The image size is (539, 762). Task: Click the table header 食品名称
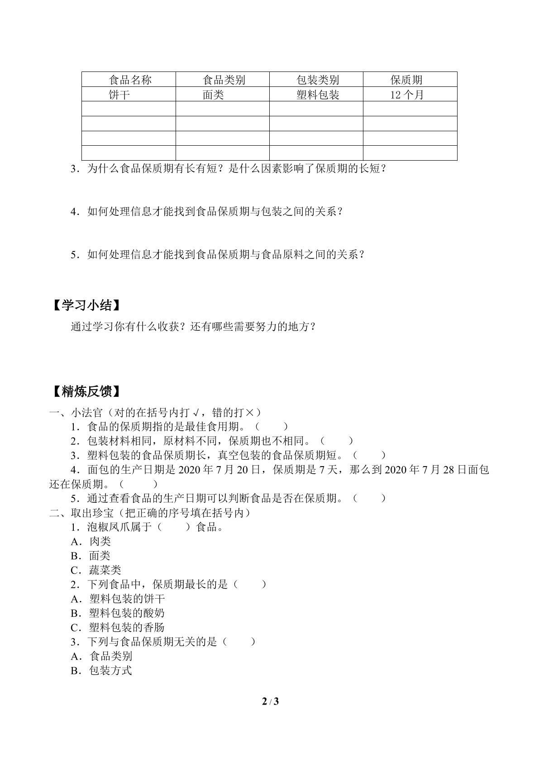pos(130,80)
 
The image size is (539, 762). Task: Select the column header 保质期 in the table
pos(406,80)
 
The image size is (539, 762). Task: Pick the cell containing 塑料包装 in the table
pos(318,95)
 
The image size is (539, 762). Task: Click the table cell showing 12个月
pos(406,95)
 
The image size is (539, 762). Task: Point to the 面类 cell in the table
pos(213,95)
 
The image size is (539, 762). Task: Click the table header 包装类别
pos(318,80)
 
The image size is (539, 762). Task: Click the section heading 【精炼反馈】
pos(86,391)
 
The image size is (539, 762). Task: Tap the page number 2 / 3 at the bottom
pos(270,702)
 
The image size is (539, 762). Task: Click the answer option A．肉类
pos(91,541)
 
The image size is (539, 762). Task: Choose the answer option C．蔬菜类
pos(96,570)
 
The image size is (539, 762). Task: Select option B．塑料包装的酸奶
pos(118,613)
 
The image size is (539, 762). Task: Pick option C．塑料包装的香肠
pos(118,628)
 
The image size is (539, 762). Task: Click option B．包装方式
pos(101,671)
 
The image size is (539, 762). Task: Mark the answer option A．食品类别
pos(101,656)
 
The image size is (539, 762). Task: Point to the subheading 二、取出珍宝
pos(84,513)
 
